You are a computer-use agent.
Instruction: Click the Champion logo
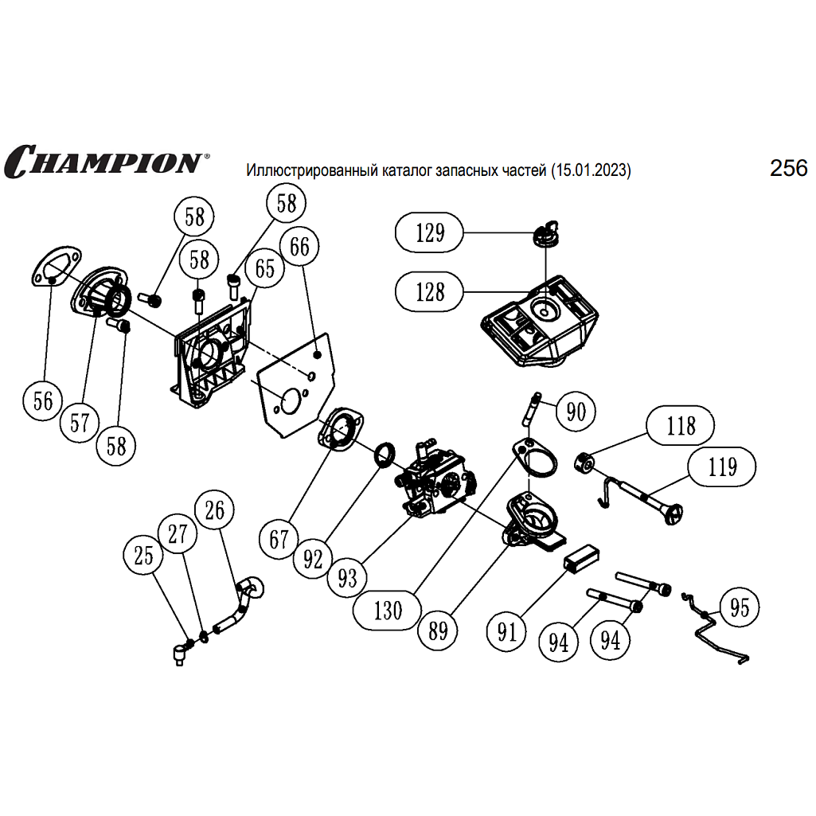coord(103,161)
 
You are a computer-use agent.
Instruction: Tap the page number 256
coord(788,168)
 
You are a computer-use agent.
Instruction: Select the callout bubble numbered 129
coord(431,232)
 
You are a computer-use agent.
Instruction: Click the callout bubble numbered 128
coord(431,291)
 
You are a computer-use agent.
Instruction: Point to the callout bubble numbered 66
coord(299,247)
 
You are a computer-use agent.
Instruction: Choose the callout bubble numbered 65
coord(264,268)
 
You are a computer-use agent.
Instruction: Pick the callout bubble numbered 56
coord(44,400)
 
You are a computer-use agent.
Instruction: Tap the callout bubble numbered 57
coord(80,422)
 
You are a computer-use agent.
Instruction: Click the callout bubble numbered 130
coord(388,611)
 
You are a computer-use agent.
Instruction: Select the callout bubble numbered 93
coord(347,577)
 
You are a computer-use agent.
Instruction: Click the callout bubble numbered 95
coord(740,607)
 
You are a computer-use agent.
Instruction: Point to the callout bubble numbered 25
coord(144,556)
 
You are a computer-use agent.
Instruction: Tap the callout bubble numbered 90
coord(576,411)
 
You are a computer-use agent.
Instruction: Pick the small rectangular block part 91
coord(584,556)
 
